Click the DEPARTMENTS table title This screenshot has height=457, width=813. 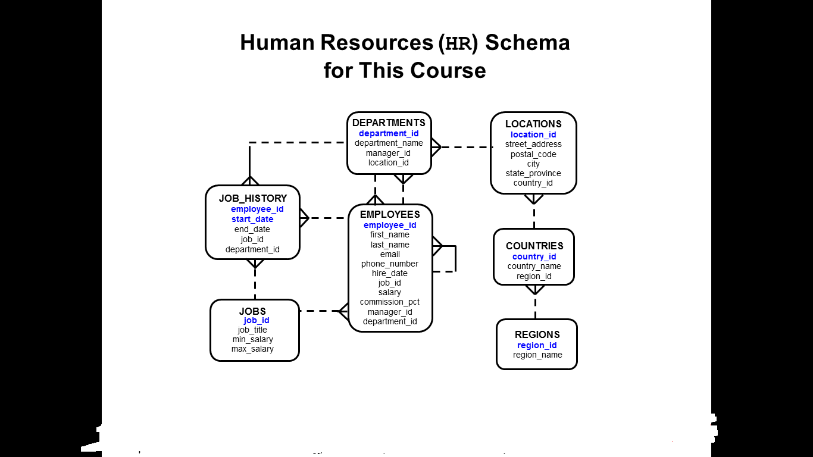click(x=389, y=123)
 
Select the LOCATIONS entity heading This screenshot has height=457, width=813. click(x=533, y=124)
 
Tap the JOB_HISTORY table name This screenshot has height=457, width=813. click(x=253, y=198)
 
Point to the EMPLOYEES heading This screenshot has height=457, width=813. click(x=390, y=214)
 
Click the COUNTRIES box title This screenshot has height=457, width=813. click(x=534, y=246)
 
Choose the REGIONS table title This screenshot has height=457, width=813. click(x=537, y=334)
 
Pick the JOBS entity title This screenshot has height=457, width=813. click(x=252, y=311)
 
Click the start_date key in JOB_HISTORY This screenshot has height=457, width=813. click(x=252, y=219)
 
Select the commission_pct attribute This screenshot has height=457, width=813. click(x=389, y=302)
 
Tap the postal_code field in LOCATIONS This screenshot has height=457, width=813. click(x=533, y=154)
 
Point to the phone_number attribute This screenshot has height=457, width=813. click(x=389, y=264)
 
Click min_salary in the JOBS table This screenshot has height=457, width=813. click(x=252, y=339)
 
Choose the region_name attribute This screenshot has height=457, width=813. click(x=537, y=355)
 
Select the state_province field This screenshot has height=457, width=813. click(x=533, y=174)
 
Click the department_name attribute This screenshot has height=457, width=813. click(x=389, y=143)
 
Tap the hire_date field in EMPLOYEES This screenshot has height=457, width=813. click(x=389, y=273)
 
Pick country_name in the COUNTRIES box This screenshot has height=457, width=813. click(x=534, y=266)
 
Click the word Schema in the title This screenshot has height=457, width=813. click(x=527, y=42)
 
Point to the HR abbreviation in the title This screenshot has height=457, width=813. click(x=458, y=43)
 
